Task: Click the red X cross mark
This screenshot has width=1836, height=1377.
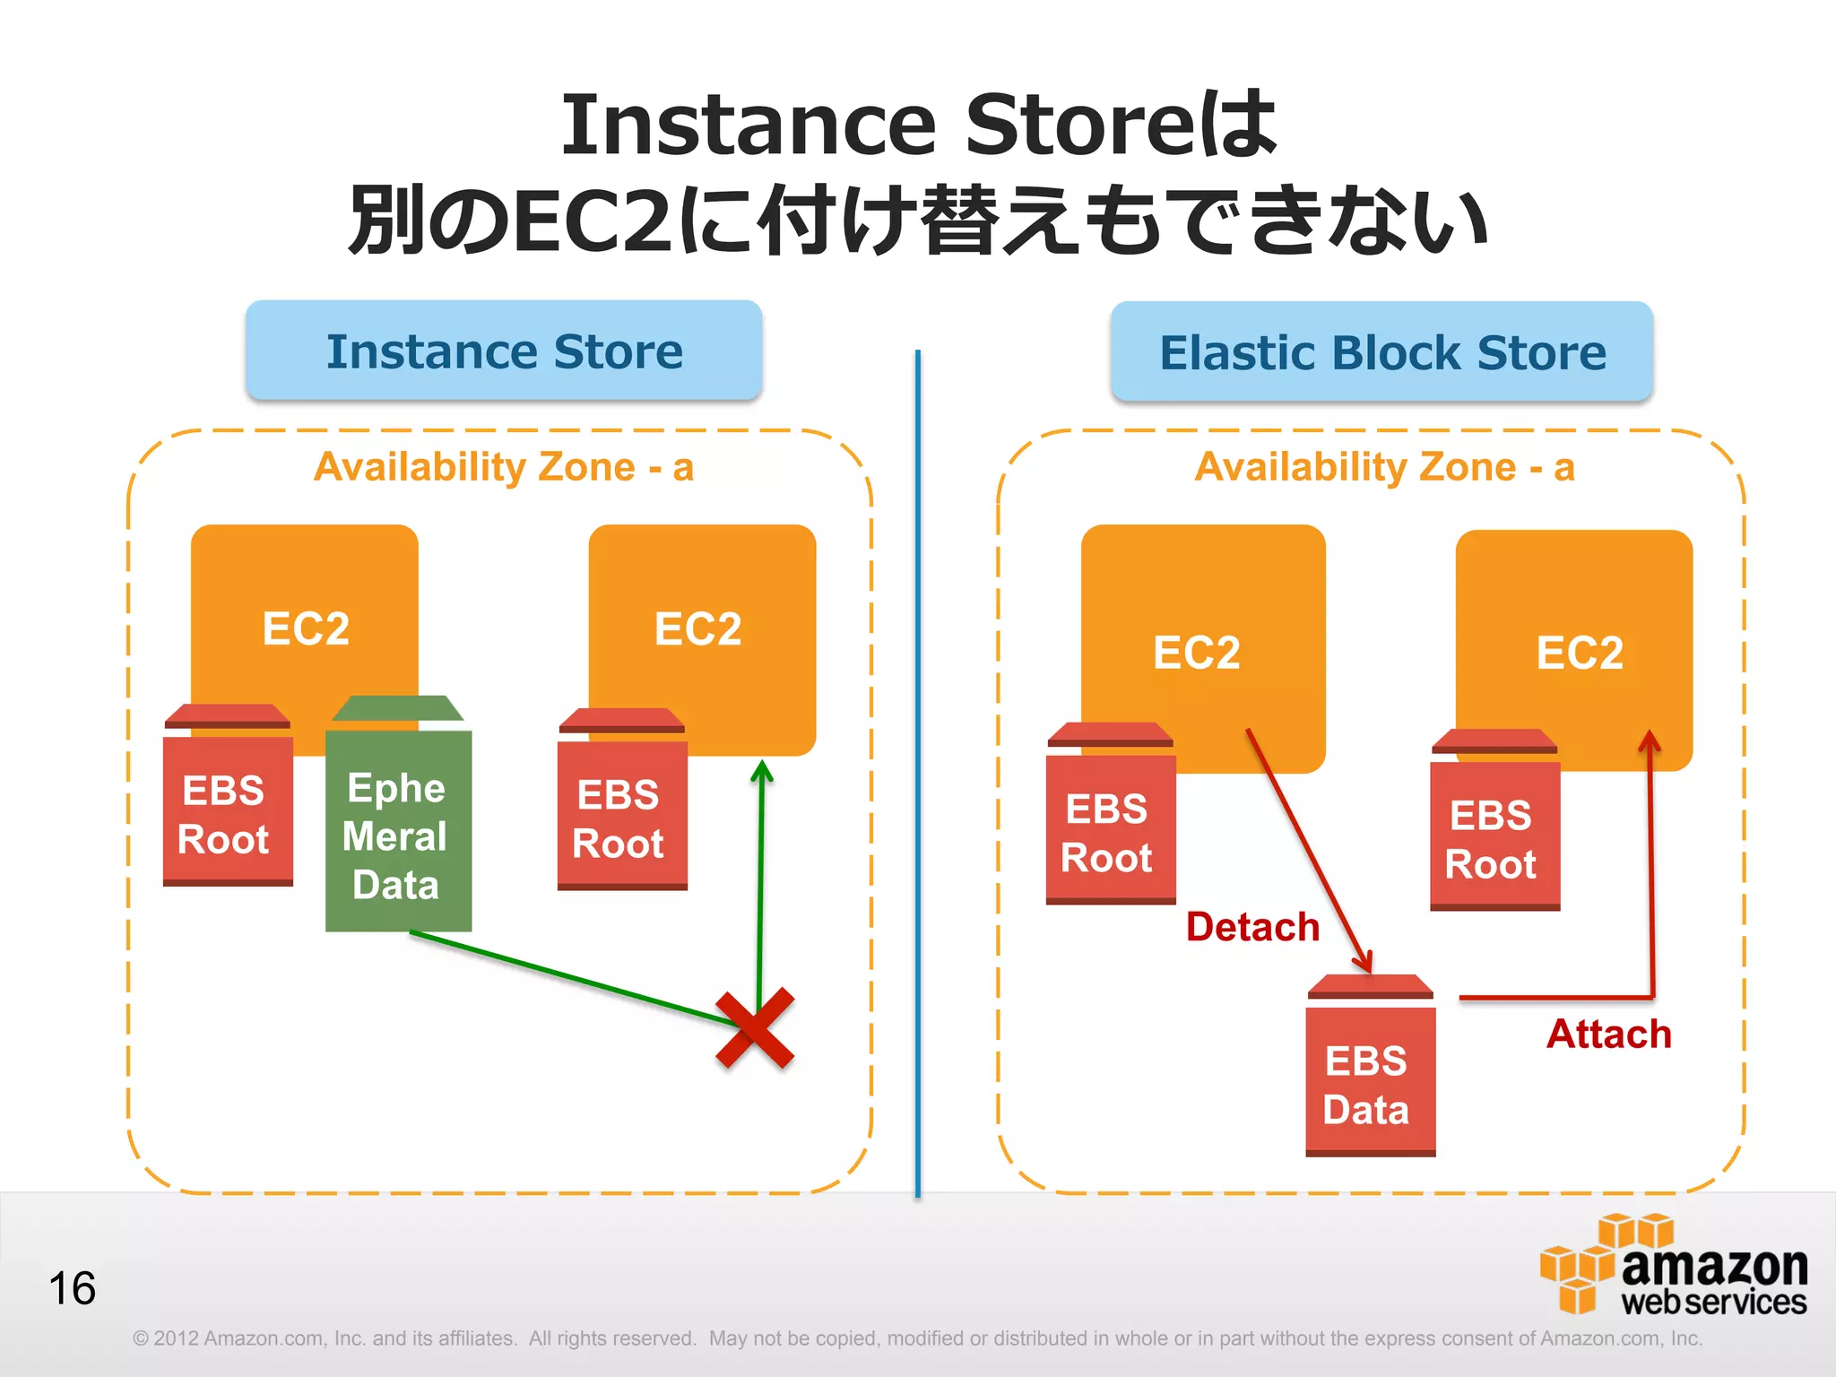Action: coord(755,1028)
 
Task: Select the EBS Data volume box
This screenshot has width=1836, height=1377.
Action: coord(1369,1081)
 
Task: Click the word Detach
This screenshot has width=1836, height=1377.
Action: coord(1252,927)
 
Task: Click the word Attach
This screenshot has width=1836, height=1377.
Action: coord(1609,1035)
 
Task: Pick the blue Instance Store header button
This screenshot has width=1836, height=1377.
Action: coord(504,351)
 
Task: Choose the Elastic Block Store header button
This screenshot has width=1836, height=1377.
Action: coord(1381,351)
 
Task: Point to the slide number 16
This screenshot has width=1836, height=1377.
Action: coord(72,1289)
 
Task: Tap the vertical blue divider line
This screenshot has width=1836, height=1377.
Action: coord(918,771)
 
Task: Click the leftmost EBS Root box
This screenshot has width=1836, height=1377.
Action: coord(227,811)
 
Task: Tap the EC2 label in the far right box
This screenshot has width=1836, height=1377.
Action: coord(1580,653)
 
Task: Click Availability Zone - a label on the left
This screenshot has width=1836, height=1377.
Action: coord(504,467)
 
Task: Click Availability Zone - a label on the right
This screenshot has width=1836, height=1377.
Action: coord(1384,467)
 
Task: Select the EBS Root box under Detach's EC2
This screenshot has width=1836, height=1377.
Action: coord(1110,829)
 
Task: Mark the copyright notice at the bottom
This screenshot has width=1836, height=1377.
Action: coord(916,1338)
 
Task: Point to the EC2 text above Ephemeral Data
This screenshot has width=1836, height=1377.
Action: coord(306,628)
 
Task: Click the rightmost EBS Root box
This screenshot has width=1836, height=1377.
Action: coord(1494,836)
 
